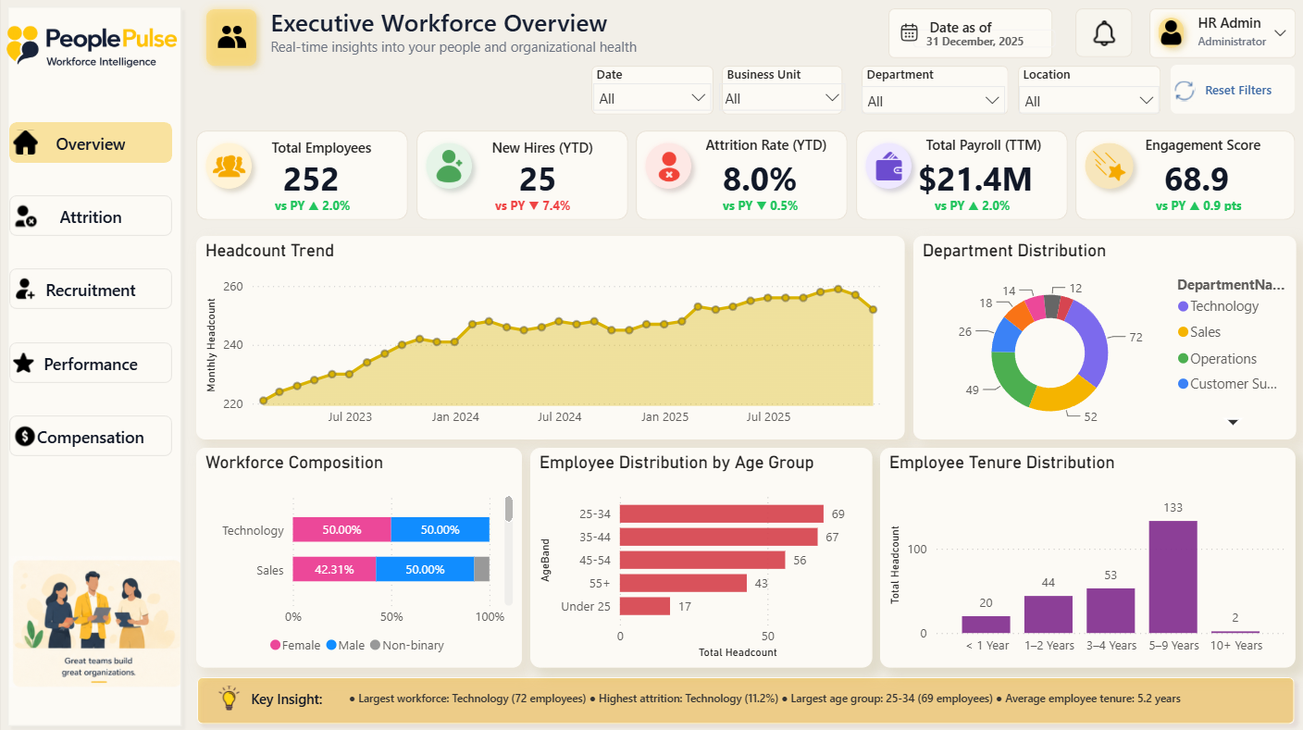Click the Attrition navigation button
pyautogui.click(x=91, y=217)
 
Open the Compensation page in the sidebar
pyautogui.click(x=91, y=437)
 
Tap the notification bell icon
pyautogui.click(x=1103, y=33)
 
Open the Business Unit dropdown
pyautogui.click(x=782, y=99)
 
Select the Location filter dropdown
pyautogui.click(x=1088, y=101)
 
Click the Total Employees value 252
pyautogui.click(x=311, y=179)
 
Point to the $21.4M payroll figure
pyautogui.click(x=974, y=179)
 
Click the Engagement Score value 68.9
pyautogui.click(x=1196, y=179)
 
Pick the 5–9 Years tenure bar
pyautogui.click(x=1173, y=576)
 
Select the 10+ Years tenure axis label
pyautogui.click(x=1236, y=645)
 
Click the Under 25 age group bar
pyautogui.click(x=644, y=606)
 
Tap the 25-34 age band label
pyautogui.click(x=594, y=513)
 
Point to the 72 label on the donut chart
pyautogui.click(x=1135, y=338)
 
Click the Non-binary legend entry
pyautogui.click(x=407, y=645)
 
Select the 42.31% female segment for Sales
pyautogui.click(x=334, y=569)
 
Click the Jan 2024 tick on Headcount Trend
pyautogui.click(x=455, y=416)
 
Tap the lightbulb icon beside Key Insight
pyautogui.click(x=229, y=698)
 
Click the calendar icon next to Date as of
pyautogui.click(x=909, y=32)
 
